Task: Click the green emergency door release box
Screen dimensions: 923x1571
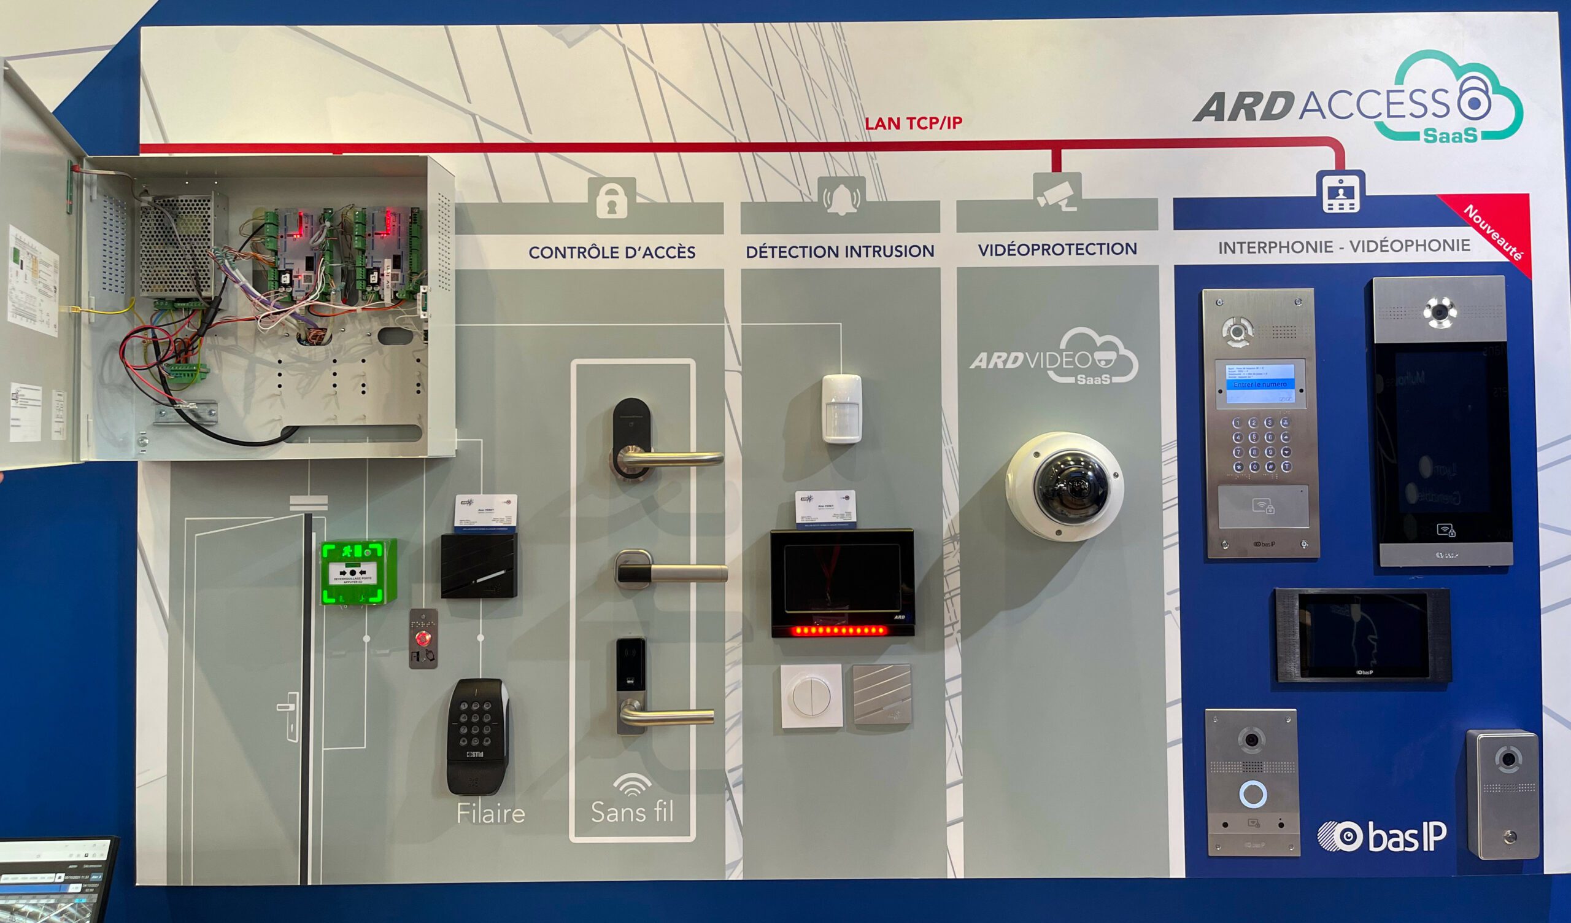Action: pos(358,572)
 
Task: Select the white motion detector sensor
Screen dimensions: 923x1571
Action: pos(841,408)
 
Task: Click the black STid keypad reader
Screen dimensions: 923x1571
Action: pos(477,736)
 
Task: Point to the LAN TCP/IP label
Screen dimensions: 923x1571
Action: pos(913,123)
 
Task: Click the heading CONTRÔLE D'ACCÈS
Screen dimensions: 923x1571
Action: pos(612,252)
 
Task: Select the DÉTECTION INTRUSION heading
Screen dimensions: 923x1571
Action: pos(840,251)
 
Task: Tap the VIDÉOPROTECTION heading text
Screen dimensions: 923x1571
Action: pos(1057,249)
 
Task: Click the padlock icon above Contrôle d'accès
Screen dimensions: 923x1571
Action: pos(612,200)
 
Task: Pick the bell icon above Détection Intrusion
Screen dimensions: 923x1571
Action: pos(841,197)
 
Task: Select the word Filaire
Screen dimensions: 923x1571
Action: pos(490,813)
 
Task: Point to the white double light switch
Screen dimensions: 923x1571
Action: pos(811,696)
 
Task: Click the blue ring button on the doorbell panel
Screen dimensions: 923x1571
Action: pos(1253,794)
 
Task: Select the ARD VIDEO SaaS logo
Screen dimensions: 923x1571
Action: pos(1054,358)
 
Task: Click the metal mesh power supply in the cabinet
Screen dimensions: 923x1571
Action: pos(175,246)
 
